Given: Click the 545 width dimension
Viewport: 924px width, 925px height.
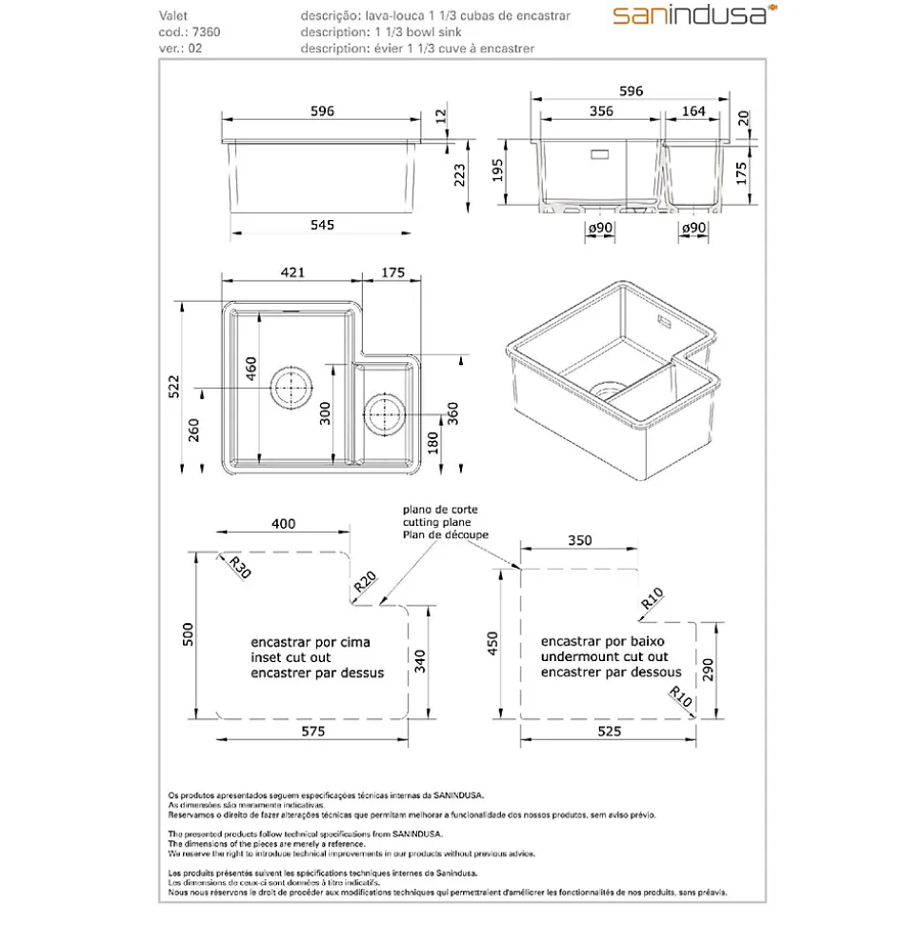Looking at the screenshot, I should tap(322, 225).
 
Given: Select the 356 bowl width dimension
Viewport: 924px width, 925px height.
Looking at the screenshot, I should tap(600, 111).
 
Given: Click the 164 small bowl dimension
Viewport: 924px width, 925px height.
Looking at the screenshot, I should tap(693, 111).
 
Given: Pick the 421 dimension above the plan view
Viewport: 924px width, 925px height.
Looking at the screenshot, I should tap(291, 272).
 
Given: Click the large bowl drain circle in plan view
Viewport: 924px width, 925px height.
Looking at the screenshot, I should tap(291, 388).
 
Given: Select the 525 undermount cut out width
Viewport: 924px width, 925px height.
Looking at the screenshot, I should tap(609, 732).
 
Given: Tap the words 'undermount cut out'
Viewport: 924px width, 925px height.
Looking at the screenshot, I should tap(604, 657).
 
